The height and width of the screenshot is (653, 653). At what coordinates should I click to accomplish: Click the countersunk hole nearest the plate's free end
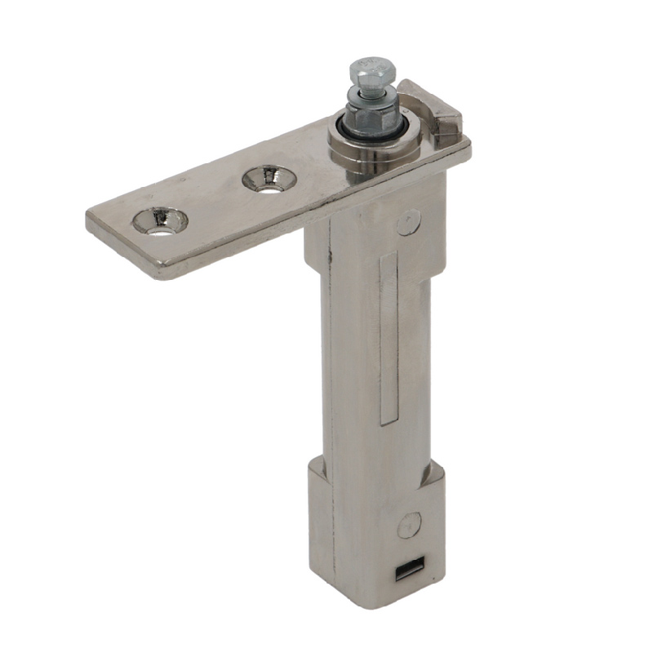(x=161, y=220)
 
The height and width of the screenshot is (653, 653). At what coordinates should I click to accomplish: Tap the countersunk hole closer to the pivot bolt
(x=266, y=177)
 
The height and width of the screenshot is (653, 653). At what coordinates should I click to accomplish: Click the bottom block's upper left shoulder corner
(x=312, y=466)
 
